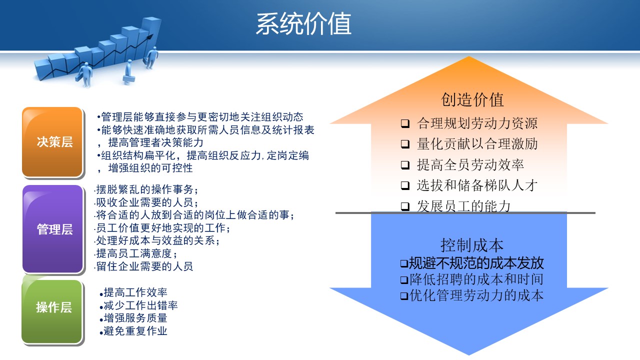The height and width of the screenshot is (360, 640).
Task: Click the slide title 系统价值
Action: pos(303,24)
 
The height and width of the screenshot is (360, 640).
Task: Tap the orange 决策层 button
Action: pos(52,142)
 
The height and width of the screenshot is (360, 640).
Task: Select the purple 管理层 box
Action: pos(53,229)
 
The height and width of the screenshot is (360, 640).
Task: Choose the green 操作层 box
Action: pos(52,311)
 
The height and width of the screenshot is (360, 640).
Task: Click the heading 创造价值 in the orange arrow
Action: pos(472,99)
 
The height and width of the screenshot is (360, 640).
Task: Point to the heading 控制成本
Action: pos(472,245)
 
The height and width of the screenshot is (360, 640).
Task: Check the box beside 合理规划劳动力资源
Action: pos(405,123)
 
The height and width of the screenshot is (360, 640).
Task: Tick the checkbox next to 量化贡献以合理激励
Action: pos(405,144)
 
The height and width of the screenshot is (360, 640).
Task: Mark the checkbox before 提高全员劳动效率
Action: pos(405,165)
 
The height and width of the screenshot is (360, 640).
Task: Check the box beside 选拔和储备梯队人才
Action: pos(405,185)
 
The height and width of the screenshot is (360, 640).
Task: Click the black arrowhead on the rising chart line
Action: pos(149,37)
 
